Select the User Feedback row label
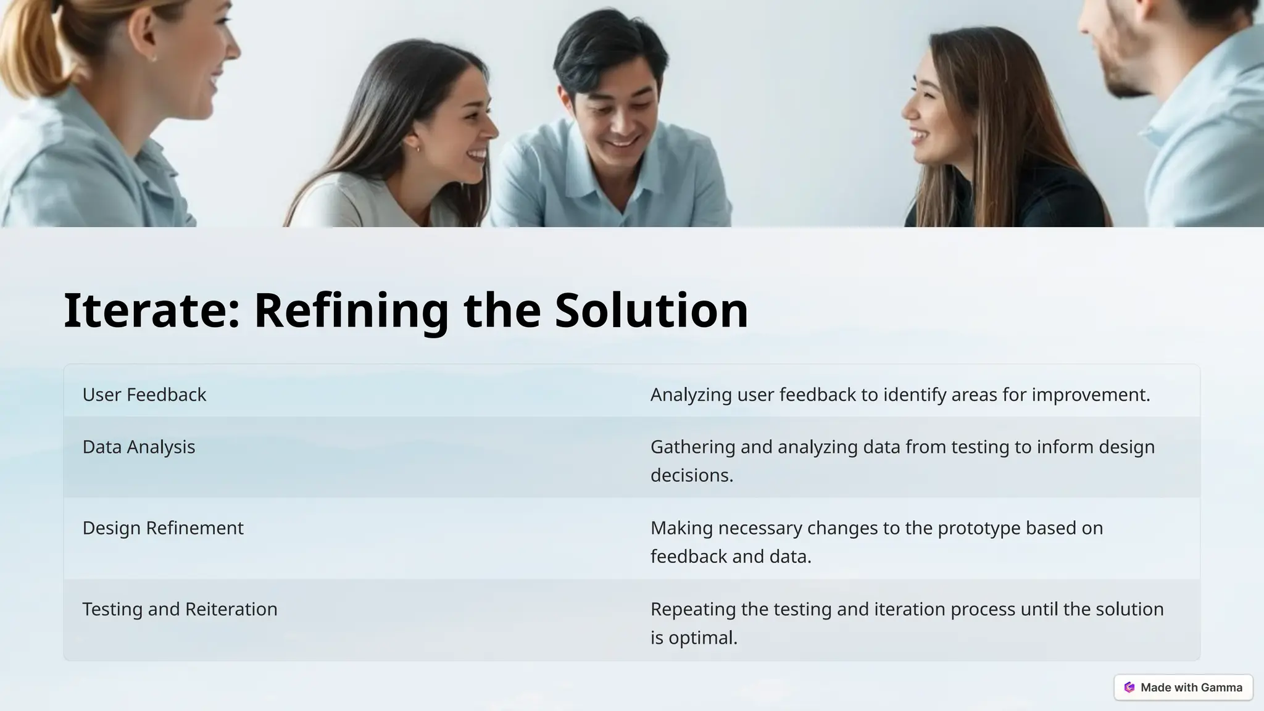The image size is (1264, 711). (144, 395)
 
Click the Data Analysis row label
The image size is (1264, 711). (139, 447)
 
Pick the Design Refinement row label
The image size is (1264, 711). (163, 528)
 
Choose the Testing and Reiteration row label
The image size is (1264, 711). (180, 609)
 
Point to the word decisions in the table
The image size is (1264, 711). (691, 475)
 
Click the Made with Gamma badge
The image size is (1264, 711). (1183, 688)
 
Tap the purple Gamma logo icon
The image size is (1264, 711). (1129, 688)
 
